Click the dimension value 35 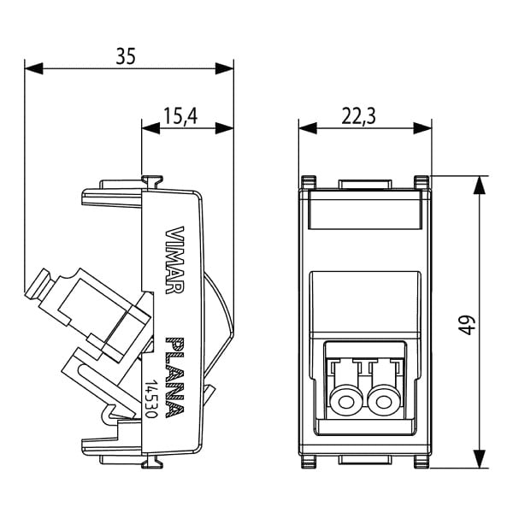tap(127, 56)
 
